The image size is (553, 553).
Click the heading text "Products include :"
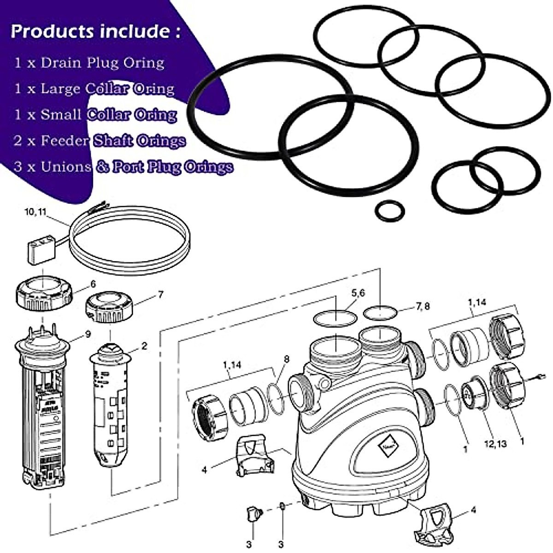click(x=95, y=31)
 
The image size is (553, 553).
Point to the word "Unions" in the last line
click(x=65, y=166)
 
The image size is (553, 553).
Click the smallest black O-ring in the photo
click(x=390, y=211)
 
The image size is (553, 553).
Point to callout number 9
click(x=88, y=334)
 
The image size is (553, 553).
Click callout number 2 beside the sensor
click(x=144, y=346)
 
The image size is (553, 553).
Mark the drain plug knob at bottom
click(x=253, y=513)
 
